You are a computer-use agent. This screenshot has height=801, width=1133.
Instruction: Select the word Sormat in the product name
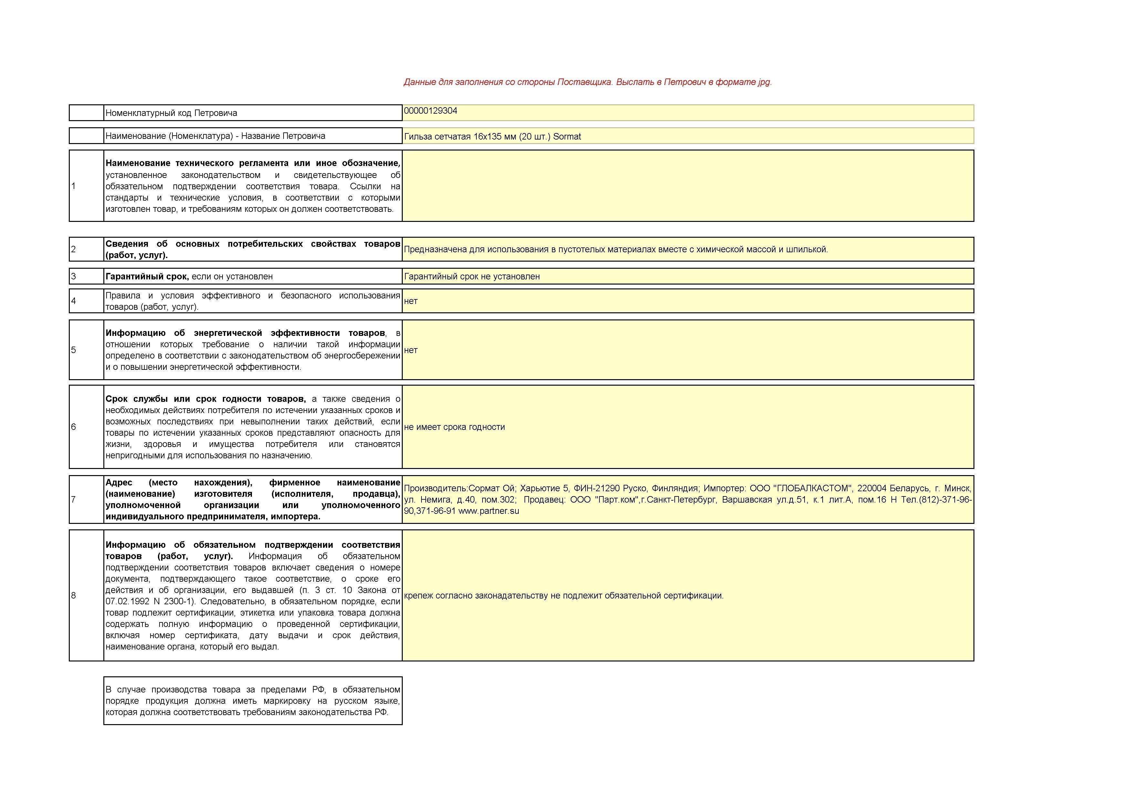[x=567, y=137]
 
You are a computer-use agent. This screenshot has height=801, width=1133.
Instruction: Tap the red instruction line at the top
[x=587, y=82]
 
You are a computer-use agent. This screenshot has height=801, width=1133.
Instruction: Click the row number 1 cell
[x=74, y=186]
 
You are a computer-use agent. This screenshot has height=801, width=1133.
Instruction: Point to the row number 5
[x=74, y=350]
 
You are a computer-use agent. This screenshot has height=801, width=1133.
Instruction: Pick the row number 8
[x=74, y=595]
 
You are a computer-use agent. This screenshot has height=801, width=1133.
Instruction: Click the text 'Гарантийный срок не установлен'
[x=472, y=276]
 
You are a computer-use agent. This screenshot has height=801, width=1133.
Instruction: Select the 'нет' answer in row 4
[x=411, y=301]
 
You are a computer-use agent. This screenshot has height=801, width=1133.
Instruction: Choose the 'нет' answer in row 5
[x=411, y=350]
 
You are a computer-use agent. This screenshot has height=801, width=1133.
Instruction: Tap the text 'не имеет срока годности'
[x=454, y=427]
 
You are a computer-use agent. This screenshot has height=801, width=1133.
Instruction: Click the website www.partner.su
[x=489, y=511]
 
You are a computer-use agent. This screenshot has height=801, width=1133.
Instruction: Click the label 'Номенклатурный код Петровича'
[x=171, y=113]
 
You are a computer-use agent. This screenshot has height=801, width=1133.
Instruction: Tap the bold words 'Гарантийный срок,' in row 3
[x=147, y=276]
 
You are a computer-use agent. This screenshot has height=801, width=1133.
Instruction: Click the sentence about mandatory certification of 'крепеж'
[x=564, y=596]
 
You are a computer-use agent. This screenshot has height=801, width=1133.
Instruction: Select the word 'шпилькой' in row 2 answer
[x=808, y=250]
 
